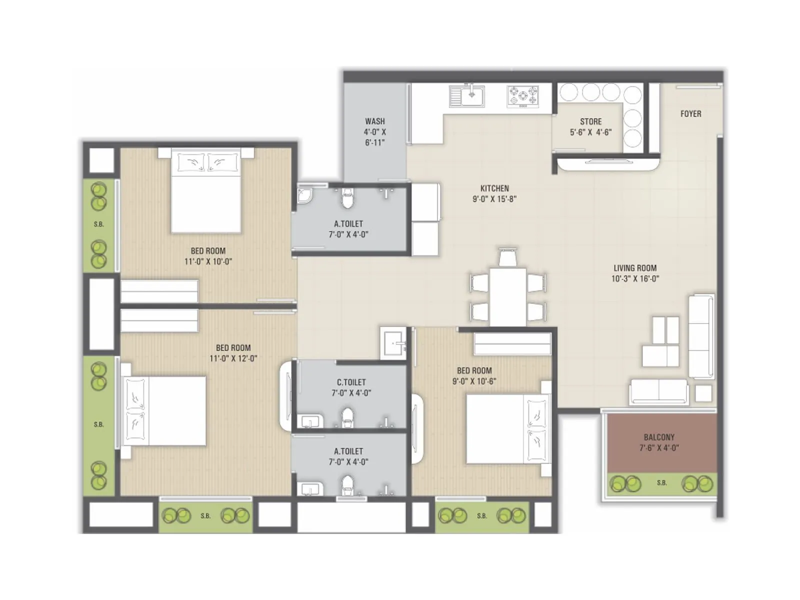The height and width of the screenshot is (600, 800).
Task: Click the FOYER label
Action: point(690,114)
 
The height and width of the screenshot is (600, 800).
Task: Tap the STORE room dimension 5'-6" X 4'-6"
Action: point(590,132)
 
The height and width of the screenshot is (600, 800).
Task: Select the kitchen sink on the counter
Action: point(467,96)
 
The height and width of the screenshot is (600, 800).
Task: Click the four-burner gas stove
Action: point(523,96)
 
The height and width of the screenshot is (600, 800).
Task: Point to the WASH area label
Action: point(374,121)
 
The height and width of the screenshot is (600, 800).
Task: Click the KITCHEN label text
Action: point(494,188)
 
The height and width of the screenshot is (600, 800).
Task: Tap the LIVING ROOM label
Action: point(635,268)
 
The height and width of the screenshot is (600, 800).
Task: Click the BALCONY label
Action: point(659,437)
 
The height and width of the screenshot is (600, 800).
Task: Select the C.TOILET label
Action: point(351,382)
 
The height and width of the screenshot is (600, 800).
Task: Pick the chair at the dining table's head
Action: point(507,257)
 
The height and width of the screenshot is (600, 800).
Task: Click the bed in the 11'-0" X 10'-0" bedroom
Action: point(206,192)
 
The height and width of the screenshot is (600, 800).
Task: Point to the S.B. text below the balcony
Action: point(661,483)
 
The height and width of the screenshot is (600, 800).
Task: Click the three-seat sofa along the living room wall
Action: point(701,335)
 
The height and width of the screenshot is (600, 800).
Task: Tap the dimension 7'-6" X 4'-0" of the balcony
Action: point(659,448)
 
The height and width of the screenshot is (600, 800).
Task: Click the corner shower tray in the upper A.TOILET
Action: point(304,196)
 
